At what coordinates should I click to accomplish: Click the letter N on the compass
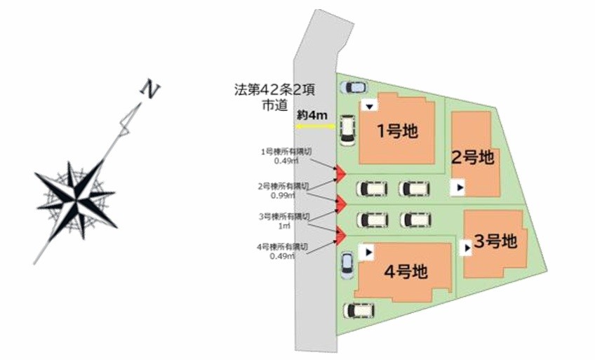[149, 88]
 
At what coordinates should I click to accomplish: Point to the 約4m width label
[311, 115]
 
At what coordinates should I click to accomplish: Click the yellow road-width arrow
[315, 126]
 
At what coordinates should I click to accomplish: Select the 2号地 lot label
[472, 158]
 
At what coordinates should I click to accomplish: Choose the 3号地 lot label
[495, 242]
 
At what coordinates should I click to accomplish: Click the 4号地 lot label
[406, 270]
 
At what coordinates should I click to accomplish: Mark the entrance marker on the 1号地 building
[370, 105]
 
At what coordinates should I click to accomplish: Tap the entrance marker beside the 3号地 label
[467, 248]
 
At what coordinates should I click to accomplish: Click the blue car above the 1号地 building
[352, 88]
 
